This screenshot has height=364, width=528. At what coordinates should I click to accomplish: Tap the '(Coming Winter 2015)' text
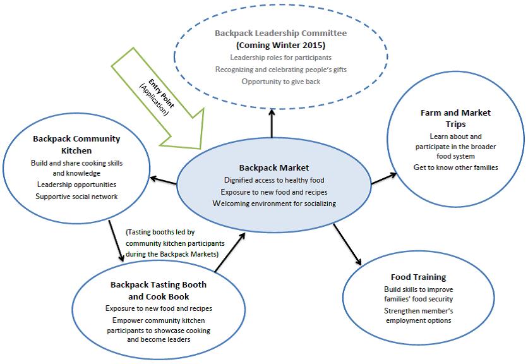(272, 45)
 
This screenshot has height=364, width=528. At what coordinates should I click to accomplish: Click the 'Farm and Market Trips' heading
(455, 119)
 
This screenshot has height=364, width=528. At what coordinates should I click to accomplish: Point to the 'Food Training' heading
(418, 277)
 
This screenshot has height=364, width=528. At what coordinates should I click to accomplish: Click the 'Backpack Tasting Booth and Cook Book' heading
(159, 291)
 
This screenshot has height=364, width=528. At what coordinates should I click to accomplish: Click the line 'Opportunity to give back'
(272, 82)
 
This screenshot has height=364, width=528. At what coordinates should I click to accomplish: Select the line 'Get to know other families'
(455, 167)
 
